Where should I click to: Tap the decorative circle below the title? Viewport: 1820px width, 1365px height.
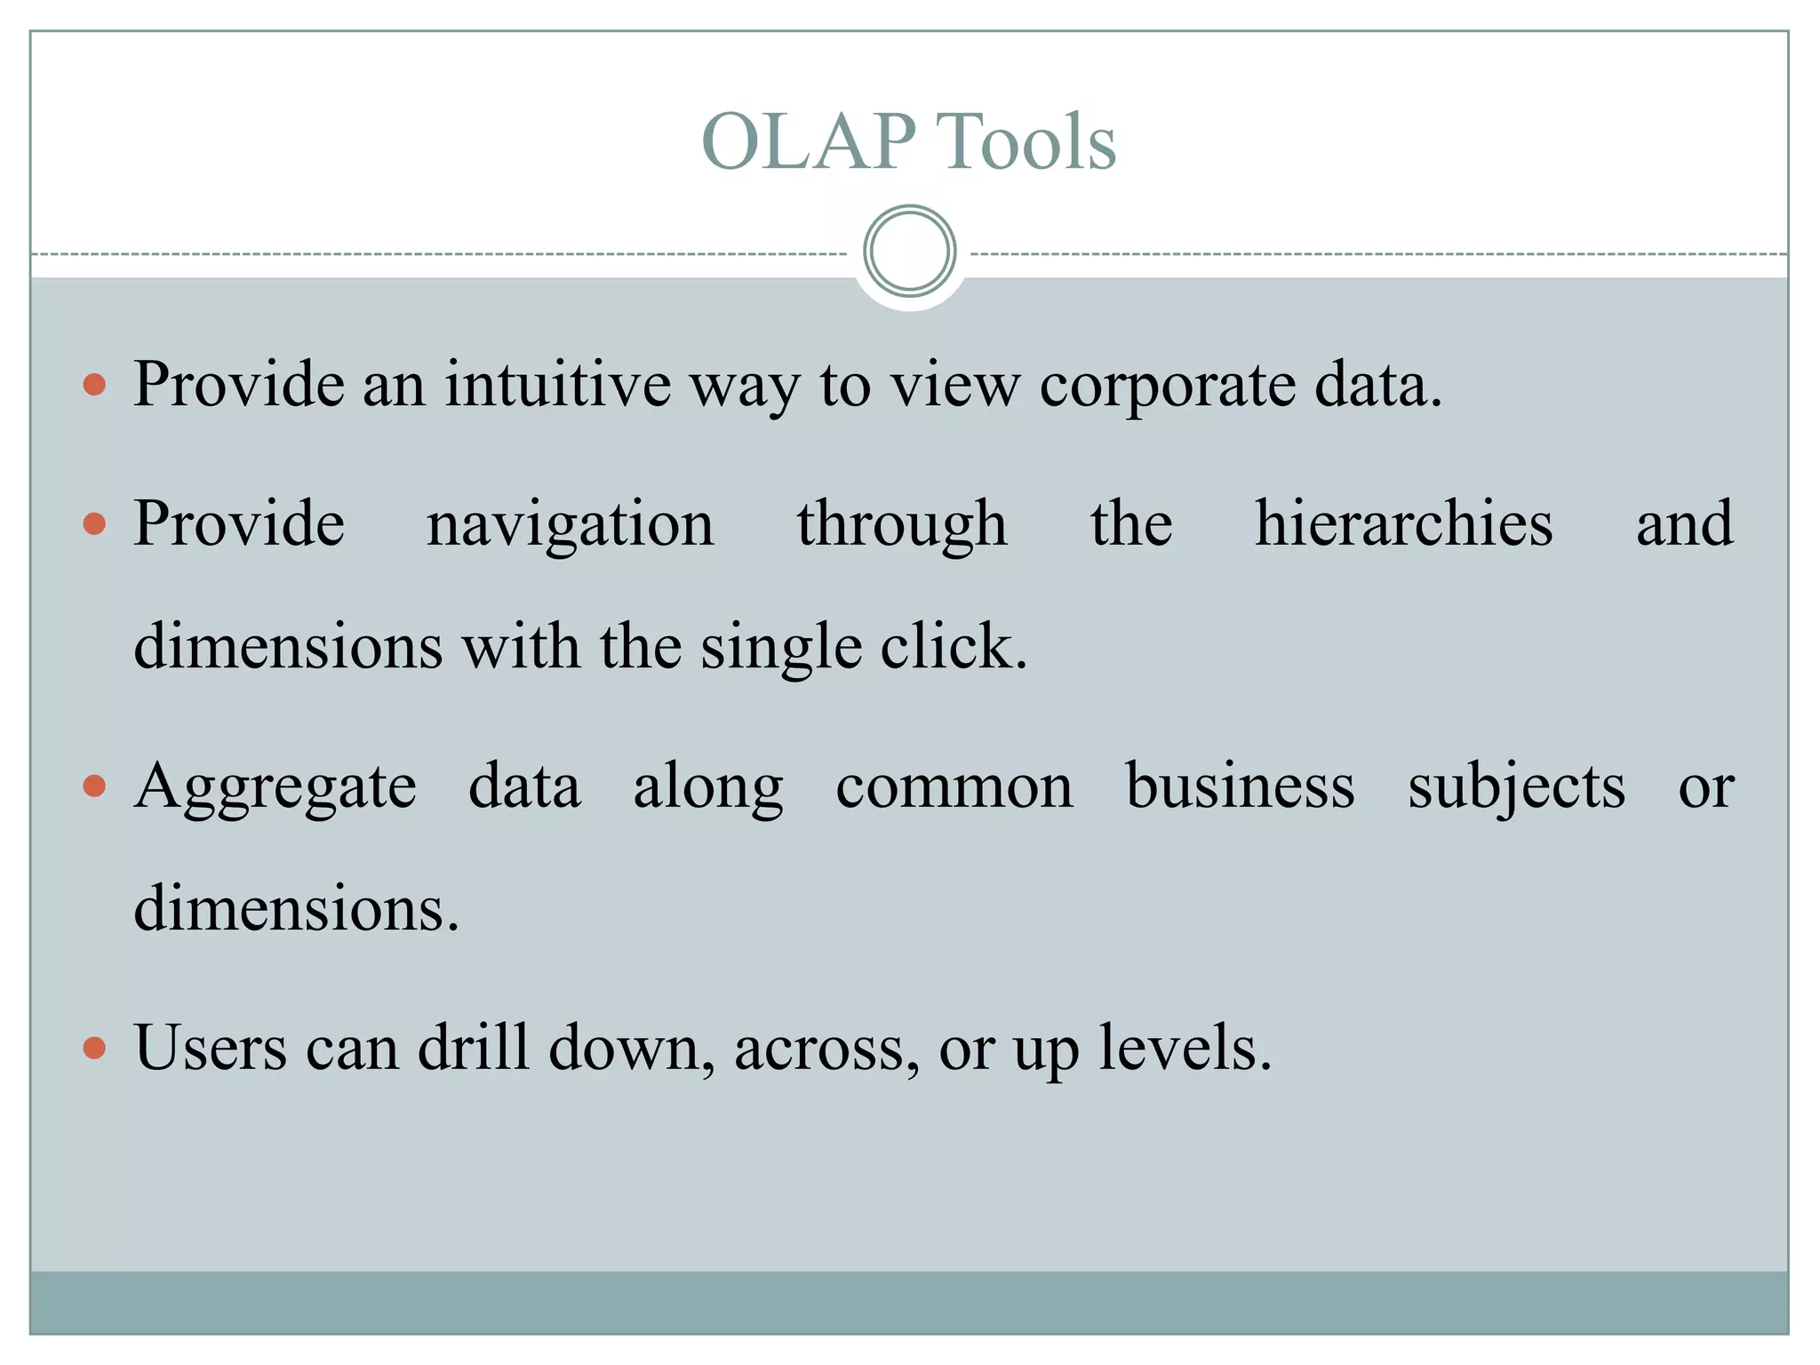click(909, 251)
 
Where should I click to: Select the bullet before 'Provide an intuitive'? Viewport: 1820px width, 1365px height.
click(94, 385)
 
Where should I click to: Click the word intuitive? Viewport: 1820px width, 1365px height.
click(558, 385)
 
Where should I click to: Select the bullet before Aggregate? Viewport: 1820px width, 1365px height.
click(94, 786)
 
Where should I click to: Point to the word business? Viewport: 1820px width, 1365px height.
click(1240, 786)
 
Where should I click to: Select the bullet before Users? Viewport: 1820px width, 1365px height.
click(94, 1048)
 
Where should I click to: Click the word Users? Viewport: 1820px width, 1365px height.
click(211, 1048)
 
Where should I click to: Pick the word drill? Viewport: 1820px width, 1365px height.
click(474, 1048)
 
